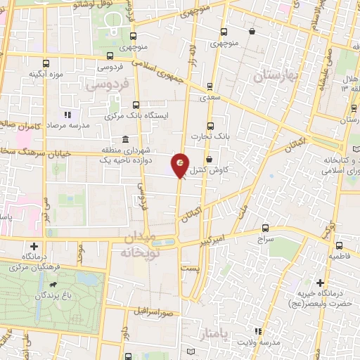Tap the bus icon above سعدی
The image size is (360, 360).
pyautogui.click(x=209, y=87)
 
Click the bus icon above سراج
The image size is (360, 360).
pyautogui.click(x=266, y=227)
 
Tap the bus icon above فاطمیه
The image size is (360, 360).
pyautogui.click(x=339, y=245)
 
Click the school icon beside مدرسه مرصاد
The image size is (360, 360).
pyautogui.click(x=67, y=114)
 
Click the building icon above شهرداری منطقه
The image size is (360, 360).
pyautogui.click(x=125, y=139)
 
